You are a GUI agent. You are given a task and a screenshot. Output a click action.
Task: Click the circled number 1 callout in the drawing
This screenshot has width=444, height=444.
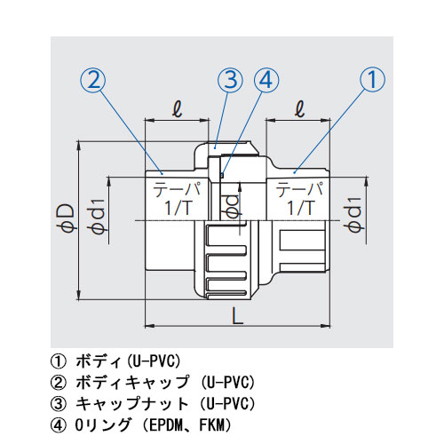pos(373,81)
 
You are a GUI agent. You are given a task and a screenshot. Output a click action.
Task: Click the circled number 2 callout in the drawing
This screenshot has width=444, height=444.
pos(94,81)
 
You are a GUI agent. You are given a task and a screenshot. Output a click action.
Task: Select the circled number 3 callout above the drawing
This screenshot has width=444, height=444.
pos(230,81)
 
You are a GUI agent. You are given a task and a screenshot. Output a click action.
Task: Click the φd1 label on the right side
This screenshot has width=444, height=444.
pos(353,218)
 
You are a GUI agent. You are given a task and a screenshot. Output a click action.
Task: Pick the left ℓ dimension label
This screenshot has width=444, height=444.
pos(177,112)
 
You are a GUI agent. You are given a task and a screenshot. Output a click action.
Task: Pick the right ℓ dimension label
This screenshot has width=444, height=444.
pos(298,112)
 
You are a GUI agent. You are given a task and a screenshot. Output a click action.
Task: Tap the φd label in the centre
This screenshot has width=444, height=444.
pos(232,205)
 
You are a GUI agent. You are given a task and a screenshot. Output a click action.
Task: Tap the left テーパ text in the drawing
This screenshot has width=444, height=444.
pos(177,189)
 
